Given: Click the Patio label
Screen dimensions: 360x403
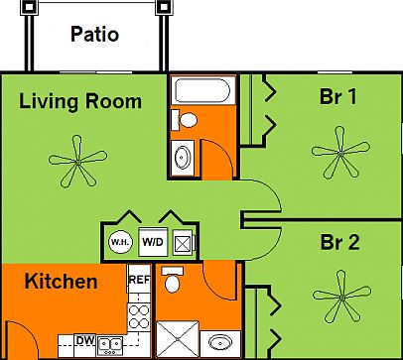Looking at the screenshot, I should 95,35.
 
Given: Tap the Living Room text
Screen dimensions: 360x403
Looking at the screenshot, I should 80,101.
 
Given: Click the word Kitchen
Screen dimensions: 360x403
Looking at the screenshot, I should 61,282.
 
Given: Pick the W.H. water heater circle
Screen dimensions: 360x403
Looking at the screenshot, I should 120,241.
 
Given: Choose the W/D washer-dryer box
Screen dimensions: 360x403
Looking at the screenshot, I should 152,241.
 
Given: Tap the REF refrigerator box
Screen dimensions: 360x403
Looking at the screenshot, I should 139,281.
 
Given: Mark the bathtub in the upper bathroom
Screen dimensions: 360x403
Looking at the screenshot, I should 201,92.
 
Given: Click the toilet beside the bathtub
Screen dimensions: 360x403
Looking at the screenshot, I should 184,120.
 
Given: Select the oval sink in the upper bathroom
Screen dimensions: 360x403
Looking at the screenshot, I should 184,156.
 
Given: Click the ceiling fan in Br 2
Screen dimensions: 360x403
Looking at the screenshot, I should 337,296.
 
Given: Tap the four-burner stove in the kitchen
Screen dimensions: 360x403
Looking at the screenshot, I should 139,316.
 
